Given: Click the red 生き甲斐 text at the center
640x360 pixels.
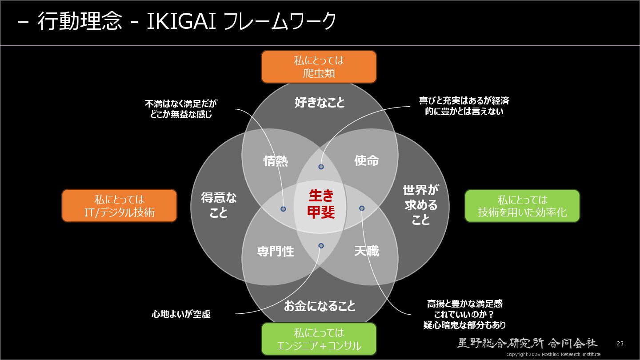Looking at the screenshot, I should click(x=320, y=204).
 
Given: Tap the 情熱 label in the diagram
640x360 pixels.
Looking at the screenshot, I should click(x=276, y=161).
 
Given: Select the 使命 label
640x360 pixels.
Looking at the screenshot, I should click(x=367, y=160).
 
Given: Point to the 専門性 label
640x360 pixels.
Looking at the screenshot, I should click(x=276, y=252).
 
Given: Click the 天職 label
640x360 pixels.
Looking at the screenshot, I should click(x=367, y=251).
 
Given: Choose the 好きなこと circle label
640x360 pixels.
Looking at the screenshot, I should click(x=320, y=103).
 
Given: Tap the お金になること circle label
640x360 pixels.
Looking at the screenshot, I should click(x=320, y=306).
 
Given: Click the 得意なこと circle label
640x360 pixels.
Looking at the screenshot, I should click(x=219, y=205).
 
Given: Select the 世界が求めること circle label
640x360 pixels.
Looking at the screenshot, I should click(x=420, y=205).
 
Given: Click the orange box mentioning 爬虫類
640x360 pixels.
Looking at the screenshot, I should click(x=319, y=67).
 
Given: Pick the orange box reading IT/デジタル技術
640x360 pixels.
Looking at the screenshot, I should click(x=119, y=205).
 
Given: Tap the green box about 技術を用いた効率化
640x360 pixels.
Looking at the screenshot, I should click(x=522, y=205).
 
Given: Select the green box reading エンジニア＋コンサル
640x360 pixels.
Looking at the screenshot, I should click(x=319, y=339).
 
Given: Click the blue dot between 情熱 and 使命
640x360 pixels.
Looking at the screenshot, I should click(x=321, y=167).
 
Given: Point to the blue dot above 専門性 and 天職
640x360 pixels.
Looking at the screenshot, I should click(x=321, y=245).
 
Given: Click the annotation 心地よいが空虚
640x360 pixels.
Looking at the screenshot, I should click(x=181, y=314).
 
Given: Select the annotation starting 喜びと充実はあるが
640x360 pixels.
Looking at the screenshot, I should click(x=464, y=106).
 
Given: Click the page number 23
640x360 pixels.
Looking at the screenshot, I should click(x=620, y=344).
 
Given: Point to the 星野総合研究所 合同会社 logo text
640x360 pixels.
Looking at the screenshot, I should click(x=528, y=343).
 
